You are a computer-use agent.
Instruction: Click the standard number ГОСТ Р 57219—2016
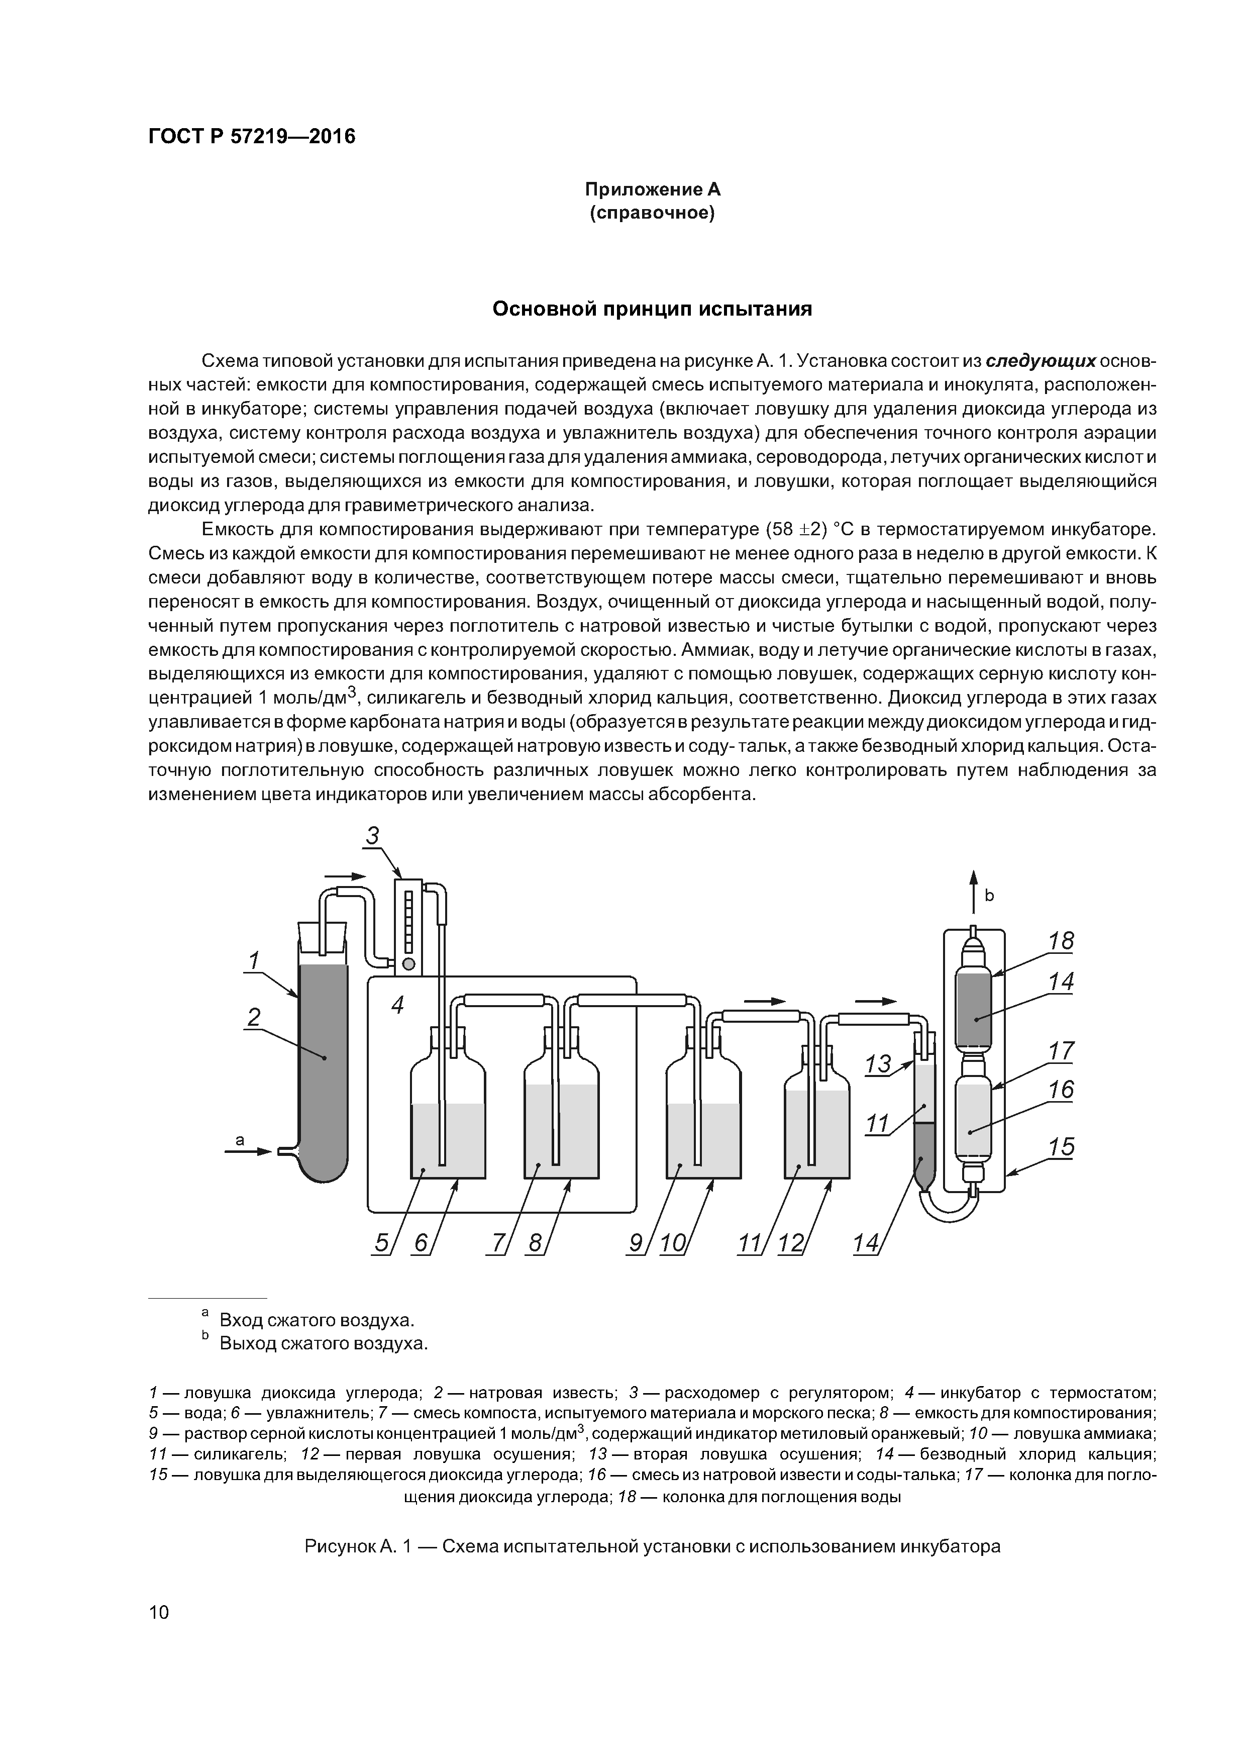[x=252, y=137]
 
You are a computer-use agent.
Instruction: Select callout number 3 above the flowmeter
[x=372, y=835]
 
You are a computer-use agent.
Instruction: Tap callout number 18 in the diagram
[x=1061, y=941]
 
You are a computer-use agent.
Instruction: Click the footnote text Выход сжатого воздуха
[x=323, y=1344]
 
